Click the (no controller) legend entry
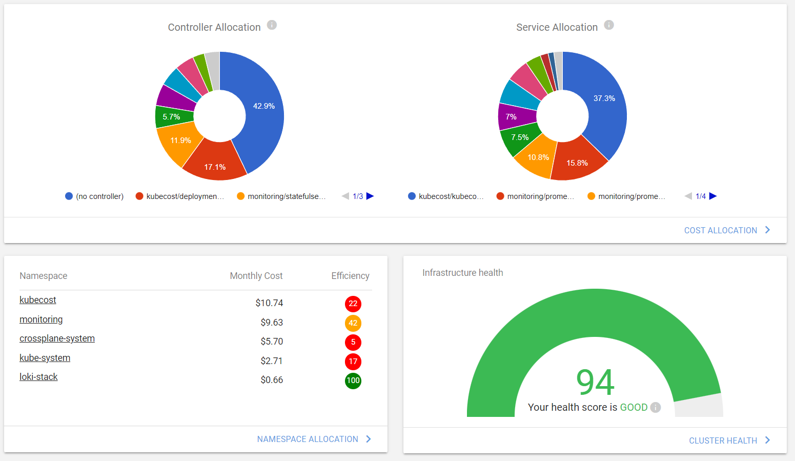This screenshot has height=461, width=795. [95, 196]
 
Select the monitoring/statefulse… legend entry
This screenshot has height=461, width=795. [281, 196]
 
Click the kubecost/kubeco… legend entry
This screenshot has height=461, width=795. [445, 196]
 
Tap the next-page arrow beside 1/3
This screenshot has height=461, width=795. [370, 196]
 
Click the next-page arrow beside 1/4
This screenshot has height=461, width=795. [713, 196]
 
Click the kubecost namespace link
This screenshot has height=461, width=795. [38, 300]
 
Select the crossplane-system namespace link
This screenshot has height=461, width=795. [57, 338]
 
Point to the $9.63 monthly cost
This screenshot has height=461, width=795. [272, 323]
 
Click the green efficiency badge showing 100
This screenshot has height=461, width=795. [353, 380]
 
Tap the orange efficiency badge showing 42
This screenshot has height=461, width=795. [353, 323]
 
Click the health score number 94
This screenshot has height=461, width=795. [595, 382]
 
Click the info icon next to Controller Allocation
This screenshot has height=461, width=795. [272, 25]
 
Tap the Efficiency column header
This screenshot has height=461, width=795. [350, 276]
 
